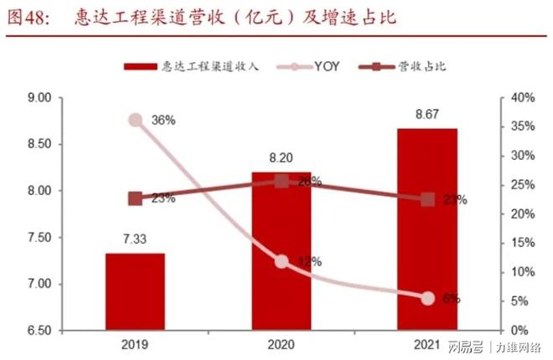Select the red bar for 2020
[x=282, y=251]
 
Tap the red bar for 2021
[x=427, y=229]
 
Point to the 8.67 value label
[x=427, y=116]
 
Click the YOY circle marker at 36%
[x=135, y=120]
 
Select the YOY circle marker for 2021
[x=427, y=298]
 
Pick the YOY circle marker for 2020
[x=282, y=261]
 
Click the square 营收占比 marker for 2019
[x=135, y=199]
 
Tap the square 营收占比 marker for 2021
[x=427, y=199]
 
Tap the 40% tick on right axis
[x=522, y=98]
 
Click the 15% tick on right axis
[x=522, y=243]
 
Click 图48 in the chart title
[x=28, y=17]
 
